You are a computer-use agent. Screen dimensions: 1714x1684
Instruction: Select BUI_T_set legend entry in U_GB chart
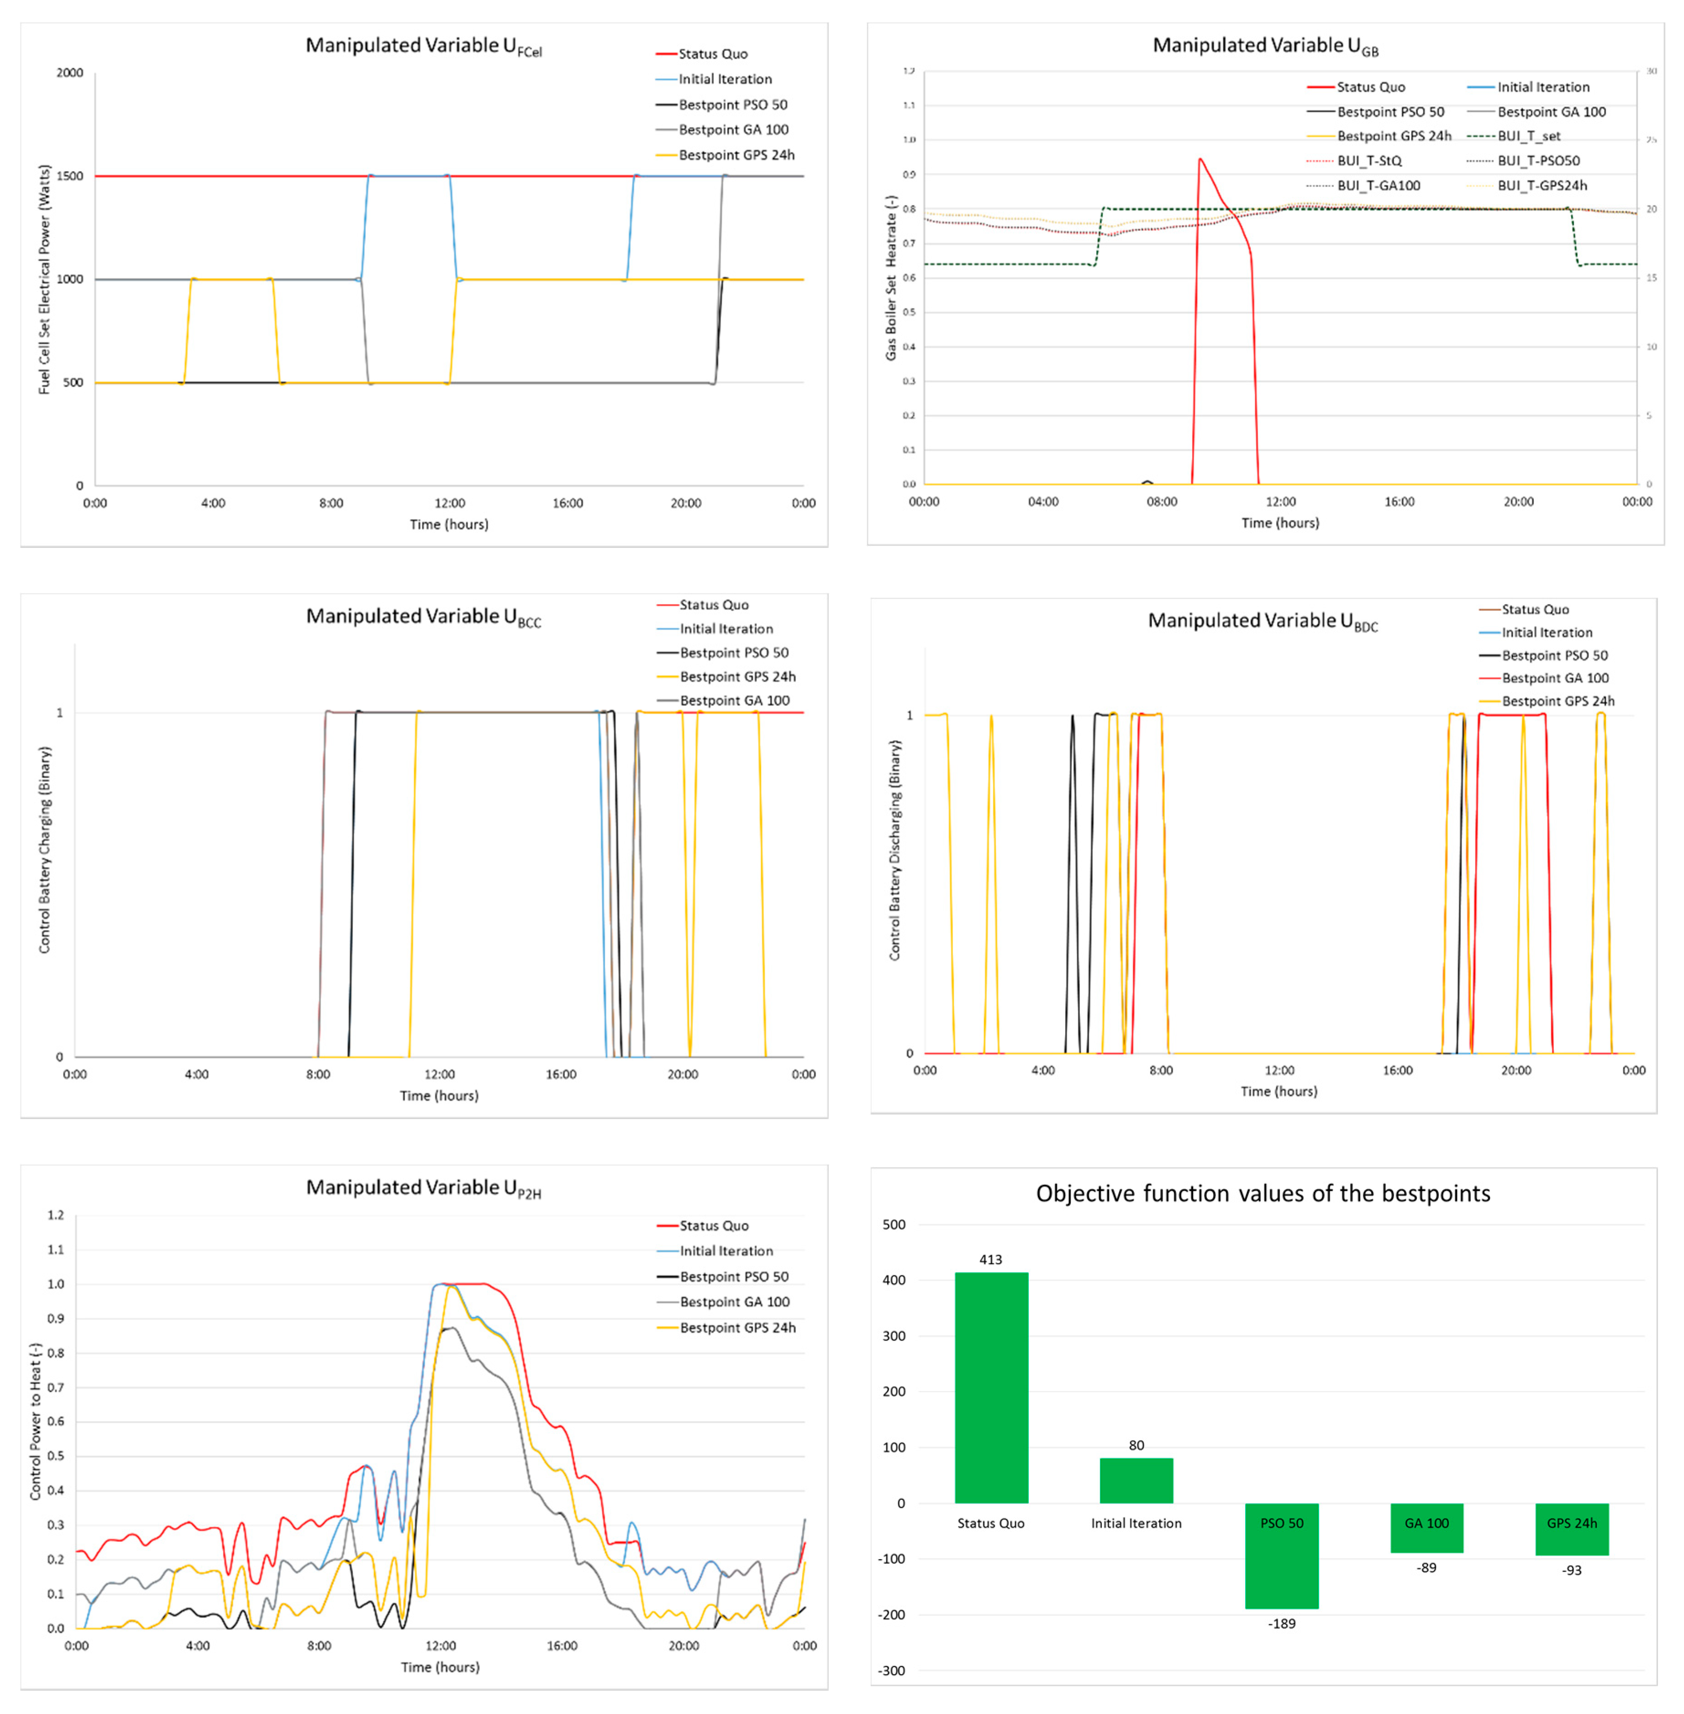point(1528,136)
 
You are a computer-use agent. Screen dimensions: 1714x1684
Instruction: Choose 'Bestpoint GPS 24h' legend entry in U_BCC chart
point(737,677)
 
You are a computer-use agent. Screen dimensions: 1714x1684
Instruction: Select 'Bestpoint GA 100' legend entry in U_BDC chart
point(1555,678)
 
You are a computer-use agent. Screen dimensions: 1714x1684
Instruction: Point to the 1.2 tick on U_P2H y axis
point(56,1215)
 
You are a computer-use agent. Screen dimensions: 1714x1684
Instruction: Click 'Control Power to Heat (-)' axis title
point(35,1420)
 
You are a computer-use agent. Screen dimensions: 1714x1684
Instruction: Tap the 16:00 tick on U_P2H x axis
point(562,1646)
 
